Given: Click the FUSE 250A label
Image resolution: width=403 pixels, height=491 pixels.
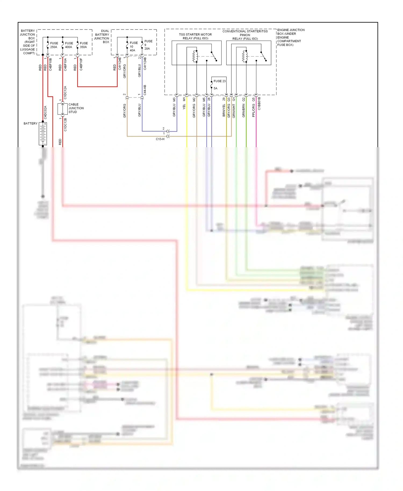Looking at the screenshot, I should pyautogui.click(x=54, y=45).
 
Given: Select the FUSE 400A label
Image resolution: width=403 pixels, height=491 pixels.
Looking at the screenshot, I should pyautogui.click(x=69, y=45).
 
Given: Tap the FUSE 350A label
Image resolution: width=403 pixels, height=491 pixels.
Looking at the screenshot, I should pyautogui.click(x=84, y=45).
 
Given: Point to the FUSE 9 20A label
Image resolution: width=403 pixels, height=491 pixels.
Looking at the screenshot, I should pyautogui.click(x=148, y=45).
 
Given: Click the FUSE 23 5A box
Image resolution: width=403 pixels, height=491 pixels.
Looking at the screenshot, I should pyautogui.click(x=219, y=85).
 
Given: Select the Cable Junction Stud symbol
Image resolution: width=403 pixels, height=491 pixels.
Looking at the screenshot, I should pyautogui.click(x=62, y=109).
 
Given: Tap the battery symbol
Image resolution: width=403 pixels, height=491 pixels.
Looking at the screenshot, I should pyautogui.click(x=43, y=134).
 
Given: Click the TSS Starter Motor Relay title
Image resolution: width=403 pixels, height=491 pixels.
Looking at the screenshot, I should pyautogui.click(x=195, y=36).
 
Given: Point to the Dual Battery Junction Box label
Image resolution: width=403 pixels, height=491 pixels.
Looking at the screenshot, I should pyautogui.click(x=102, y=36).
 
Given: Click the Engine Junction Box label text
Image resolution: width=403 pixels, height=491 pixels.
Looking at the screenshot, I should pyautogui.click(x=290, y=37).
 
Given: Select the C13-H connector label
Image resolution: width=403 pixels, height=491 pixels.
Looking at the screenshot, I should pyautogui.click(x=160, y=139).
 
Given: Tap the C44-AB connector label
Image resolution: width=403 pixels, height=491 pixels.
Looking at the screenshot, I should pyautogui.click(x=145, y=90).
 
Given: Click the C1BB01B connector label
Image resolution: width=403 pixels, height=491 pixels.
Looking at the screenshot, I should pyautogui.click(x=259, y=104).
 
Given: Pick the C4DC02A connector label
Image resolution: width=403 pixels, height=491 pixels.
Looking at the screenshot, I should pyautogui.click(x=45, y=113).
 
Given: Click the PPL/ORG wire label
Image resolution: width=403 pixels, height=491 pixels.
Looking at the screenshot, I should pyautogui.click(x=253, y=110).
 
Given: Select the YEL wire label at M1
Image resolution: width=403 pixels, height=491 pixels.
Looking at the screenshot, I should pyautogui.click(x=184, y=107).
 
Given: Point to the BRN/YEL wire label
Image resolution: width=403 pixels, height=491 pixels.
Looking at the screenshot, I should pyautogui.click(x=224, y=110).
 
